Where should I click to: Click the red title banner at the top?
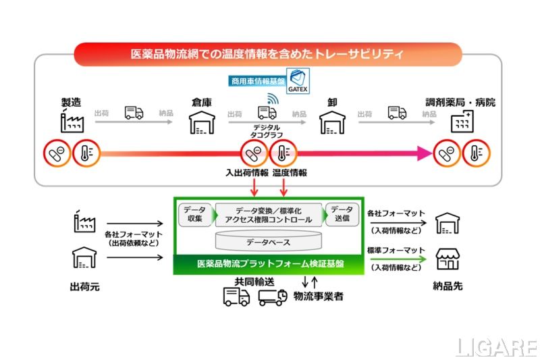[x=267, y=53]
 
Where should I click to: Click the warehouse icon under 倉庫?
[x=201, y=122]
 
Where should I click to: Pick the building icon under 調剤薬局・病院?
[x=461, y=122]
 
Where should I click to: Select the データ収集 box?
[x=195, y=214]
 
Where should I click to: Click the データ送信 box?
[x=342, y=214]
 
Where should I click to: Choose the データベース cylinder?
[x=268, y=240]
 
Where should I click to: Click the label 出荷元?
[x=85, y=286]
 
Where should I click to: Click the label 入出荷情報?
[x=246, y=172]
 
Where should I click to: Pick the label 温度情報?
[x=289, y=172]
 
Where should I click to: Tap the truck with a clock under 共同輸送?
[x=272, y=297]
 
